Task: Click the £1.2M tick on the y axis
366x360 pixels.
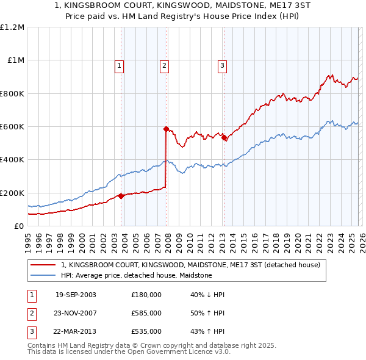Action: [x=12, y=27]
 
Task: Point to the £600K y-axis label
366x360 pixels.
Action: [x=12, y=127]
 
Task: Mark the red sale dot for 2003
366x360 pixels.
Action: [x=121, y=196]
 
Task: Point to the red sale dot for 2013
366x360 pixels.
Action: [x=223, y=137]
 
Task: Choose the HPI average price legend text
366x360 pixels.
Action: [x=136, y=275]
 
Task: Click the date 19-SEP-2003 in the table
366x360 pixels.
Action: [x=76, y=295]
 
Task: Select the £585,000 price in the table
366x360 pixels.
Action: [x=146, y=313]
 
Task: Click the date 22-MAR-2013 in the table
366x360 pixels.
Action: [x=76, y=331]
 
